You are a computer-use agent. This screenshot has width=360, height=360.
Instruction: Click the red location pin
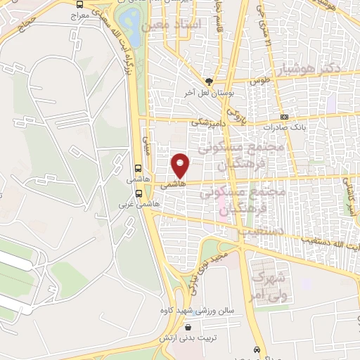(181, 165)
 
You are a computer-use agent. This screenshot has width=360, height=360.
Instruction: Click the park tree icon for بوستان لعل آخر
(207, 82)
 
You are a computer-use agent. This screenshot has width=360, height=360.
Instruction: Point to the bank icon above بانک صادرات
(284, 117)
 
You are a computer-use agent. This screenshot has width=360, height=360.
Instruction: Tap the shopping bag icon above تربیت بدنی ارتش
(187, 327)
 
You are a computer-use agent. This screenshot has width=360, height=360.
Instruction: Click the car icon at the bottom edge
(259, 349)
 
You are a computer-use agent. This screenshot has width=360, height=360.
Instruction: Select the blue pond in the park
(129, 20)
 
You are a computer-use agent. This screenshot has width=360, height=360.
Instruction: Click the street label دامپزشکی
(208, 121)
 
